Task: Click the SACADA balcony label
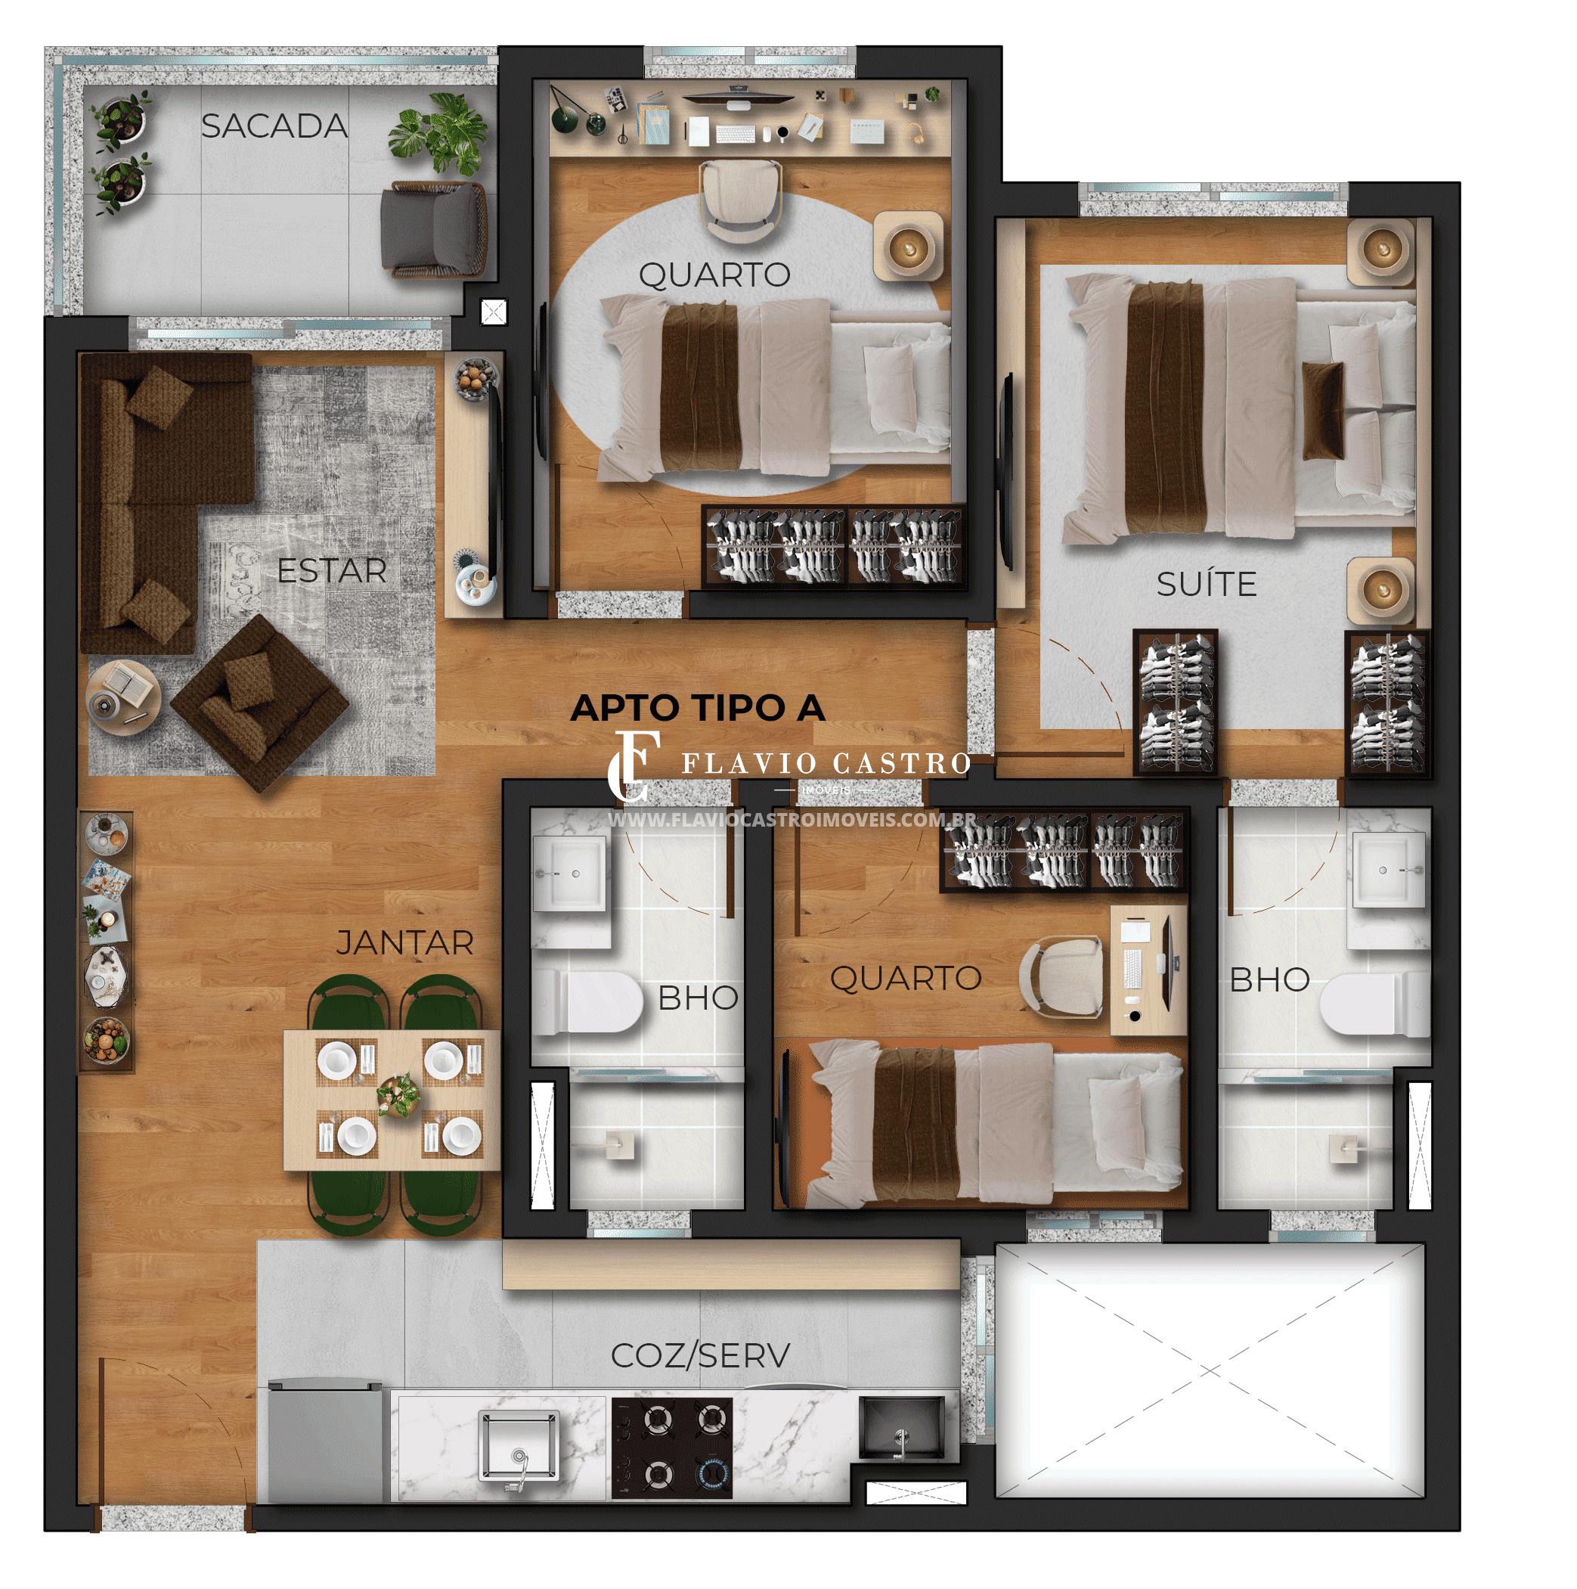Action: tap(274, 126)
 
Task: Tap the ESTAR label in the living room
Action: tap(331, 570)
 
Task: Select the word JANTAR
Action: tap(404, 943)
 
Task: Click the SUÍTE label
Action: tap(1206, 583)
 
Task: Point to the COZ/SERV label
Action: tap(700, 1355)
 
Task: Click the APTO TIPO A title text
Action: tap(697, 707)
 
